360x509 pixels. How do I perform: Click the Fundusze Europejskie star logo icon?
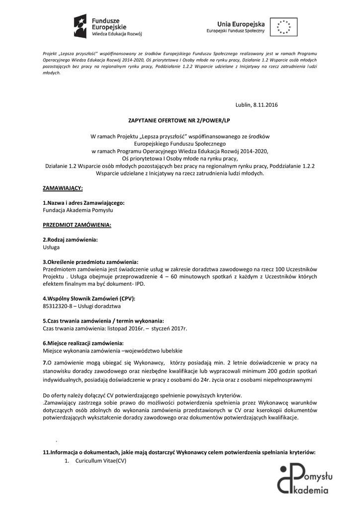(81, 24)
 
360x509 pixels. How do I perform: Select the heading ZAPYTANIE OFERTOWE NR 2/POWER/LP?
(180, 120)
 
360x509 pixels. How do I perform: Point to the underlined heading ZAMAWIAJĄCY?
(63, 188)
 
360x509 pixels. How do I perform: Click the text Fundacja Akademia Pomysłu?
(74, 210)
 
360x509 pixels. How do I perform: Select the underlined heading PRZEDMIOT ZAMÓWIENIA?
(77, 225)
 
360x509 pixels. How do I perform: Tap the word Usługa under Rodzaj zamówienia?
(51, 247)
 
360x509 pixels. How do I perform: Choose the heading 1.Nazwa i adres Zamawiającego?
(84, 203)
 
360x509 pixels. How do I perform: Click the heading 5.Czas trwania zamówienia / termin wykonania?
(103, 321)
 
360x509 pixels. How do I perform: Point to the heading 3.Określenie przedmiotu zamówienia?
(90, 261)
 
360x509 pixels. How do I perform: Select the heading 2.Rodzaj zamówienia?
(70, 240)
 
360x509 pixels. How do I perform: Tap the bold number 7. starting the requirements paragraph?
(45, 362)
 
